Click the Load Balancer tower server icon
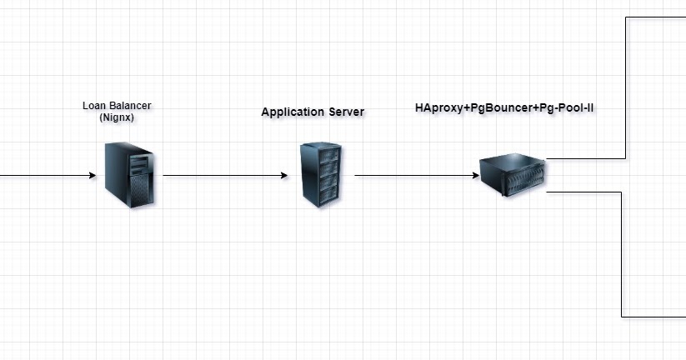tap(129, 175)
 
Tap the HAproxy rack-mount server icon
tap(512, 175)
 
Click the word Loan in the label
tap(94, 106)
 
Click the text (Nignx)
tap(117, 117)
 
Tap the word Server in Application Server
tap(346, 112)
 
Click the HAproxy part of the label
tap(442, 108)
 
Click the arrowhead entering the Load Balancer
tap(93, 176)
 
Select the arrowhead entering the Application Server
tap(284, 176)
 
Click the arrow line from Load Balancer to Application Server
tap(221, 176)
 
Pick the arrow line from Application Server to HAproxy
tap(413, 176)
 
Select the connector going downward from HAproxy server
tap(622, 250)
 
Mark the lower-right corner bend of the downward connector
tap(622, 317)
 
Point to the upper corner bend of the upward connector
tap(626, 16)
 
